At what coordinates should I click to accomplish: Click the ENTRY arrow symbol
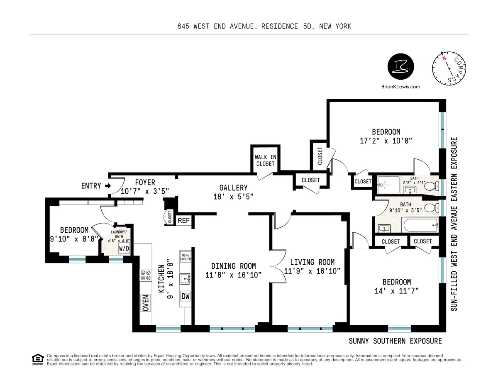coord(108,186)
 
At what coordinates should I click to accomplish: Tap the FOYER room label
coord(144,183)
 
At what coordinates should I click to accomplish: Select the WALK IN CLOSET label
coord(265,161)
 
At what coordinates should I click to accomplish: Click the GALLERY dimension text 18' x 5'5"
coord(234,196)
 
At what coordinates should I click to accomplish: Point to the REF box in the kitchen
coord(183,221)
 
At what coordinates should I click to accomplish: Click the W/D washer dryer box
coord(124,249)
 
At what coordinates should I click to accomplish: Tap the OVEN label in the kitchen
coord(146,303)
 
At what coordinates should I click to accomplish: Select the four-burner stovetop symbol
coord(146,275)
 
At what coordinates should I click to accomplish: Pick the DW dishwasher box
coord(185,297)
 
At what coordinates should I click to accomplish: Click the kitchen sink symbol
coord(185,278)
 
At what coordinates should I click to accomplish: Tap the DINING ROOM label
coord(233,266)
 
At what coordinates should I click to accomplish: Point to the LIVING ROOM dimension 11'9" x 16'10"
coord(312,271)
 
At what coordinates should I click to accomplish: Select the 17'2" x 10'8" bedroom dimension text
coord(386,141)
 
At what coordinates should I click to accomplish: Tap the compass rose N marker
coord(444,59)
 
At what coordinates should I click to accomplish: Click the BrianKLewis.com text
coord(400,87)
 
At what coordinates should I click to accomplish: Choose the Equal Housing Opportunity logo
coord(37,358)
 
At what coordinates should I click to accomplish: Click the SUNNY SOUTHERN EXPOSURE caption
coord(395,341)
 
